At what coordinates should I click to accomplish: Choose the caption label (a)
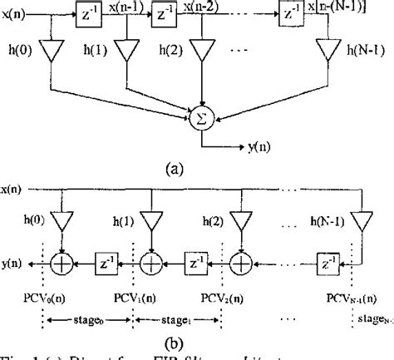tap(174, 170)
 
